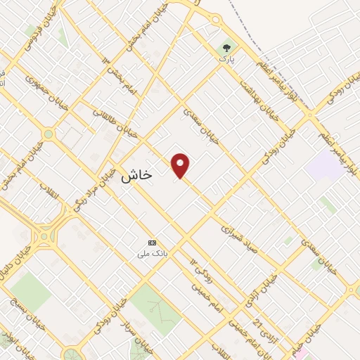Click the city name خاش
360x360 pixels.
[136, 176]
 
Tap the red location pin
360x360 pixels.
[181, 165]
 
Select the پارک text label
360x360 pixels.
[226, 60]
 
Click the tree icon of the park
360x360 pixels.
[226, 49]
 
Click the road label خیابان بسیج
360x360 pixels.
[17, 317]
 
